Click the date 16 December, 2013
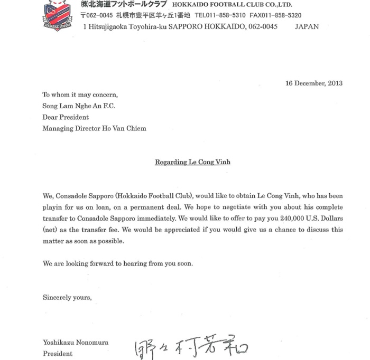314,83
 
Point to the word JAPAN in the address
307,26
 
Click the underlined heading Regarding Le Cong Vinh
192,162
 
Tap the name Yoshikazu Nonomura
76,343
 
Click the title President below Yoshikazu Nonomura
58,354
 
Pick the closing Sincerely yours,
67,298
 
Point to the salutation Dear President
66,117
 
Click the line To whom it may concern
80,95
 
